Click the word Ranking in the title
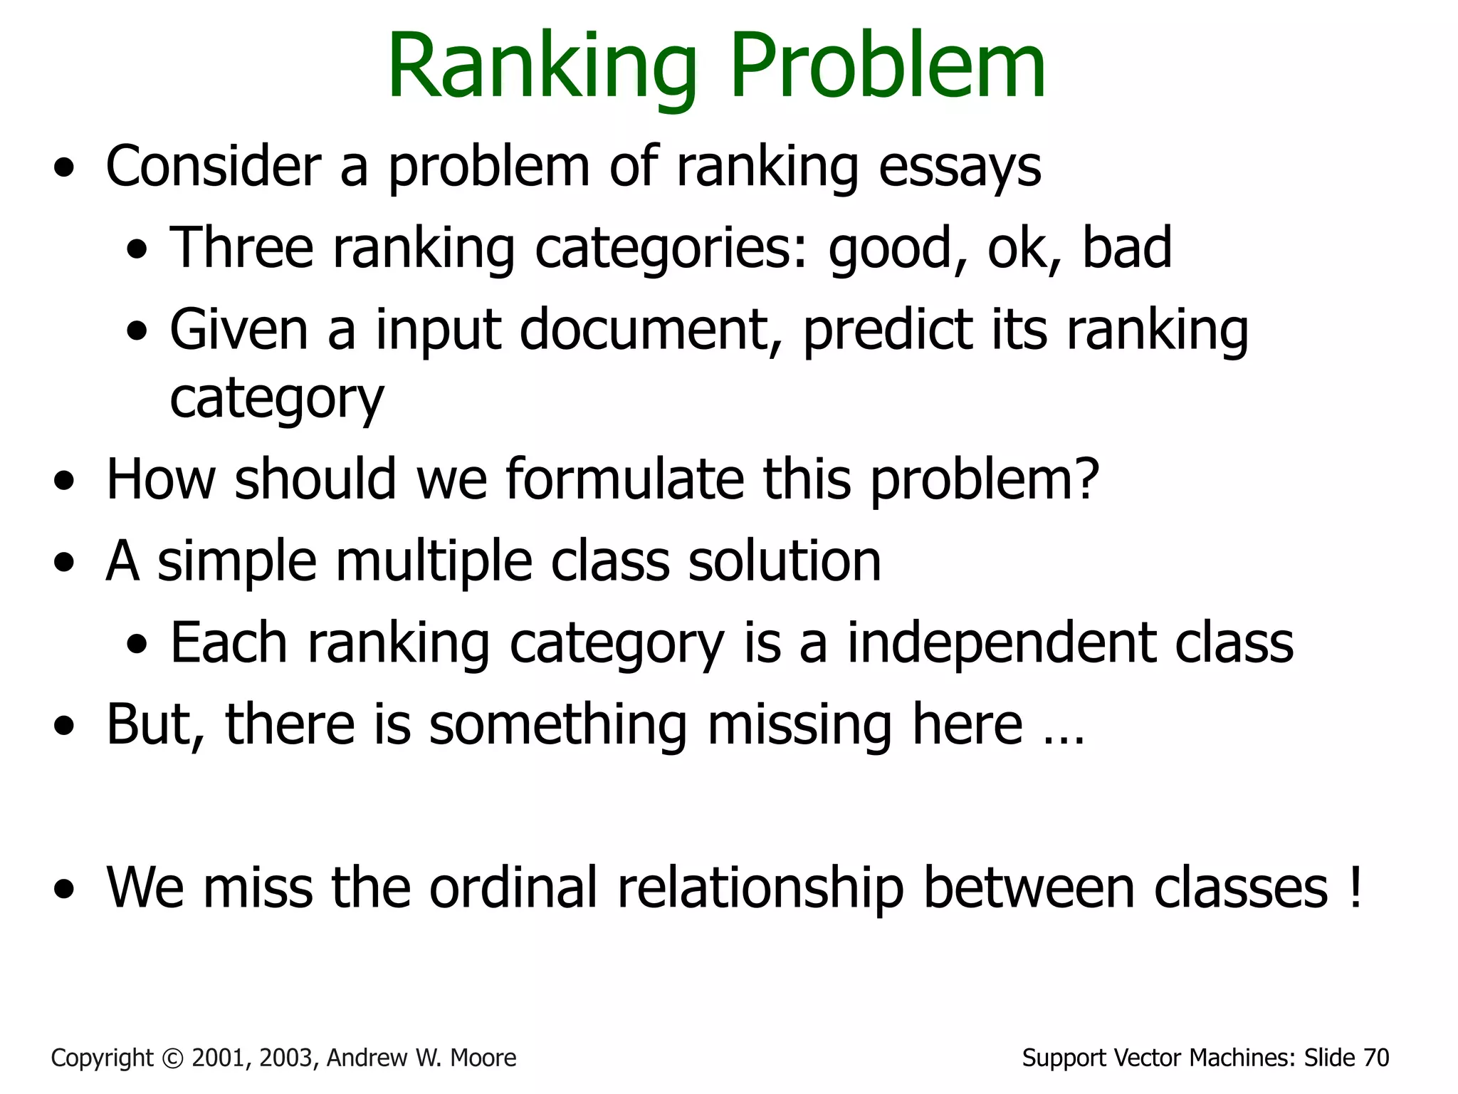[x=541, y=68]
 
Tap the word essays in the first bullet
[x=960, y=168]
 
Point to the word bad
[x=1126, y=248]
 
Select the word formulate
[x=625, y=479]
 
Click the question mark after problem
[x=1085, y=479]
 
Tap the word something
[x=558, y=725]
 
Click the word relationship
[x=760, y=889]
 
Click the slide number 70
[x=1376, y=1058]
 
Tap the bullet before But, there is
[x=64, y=727]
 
